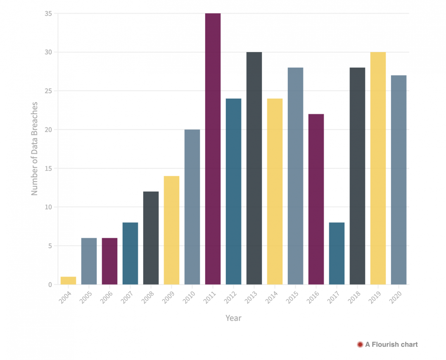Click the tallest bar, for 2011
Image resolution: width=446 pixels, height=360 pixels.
point(213,149)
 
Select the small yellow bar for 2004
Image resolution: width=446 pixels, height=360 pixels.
point(68,281)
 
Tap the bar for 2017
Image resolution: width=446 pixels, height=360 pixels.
point(337,253)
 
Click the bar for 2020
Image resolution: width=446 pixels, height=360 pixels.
point(399,180)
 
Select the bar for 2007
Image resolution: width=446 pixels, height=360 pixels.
point(130,253)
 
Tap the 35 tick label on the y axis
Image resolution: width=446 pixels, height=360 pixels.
point(48,14)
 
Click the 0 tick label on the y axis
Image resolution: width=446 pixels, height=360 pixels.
point(50,284)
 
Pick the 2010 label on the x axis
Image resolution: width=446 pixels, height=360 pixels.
point(189,297)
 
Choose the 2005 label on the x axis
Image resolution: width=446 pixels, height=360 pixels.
point(86,297)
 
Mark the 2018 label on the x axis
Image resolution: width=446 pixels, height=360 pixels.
point(354,297)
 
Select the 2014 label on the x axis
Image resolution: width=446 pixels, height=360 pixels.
point(272,297)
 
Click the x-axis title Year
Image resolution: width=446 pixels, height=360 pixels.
point(233,318)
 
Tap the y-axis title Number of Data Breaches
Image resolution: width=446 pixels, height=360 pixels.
point(35,149)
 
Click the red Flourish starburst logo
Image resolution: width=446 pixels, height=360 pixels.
point(360,344)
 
